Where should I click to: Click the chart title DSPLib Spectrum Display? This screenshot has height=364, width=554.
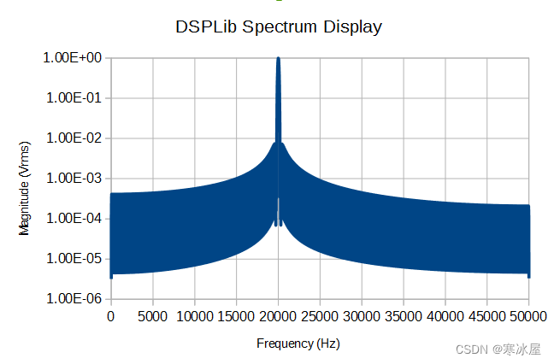point(279,26)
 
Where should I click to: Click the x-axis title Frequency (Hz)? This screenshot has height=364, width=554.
point(298,343)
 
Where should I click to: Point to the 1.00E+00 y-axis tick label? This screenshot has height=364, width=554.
point(73,58)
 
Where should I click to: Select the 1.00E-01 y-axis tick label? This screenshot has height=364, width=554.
point(73,98)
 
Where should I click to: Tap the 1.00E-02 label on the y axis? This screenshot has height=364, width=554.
point(73,138)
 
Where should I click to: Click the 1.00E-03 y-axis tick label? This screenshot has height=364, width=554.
point(73,179)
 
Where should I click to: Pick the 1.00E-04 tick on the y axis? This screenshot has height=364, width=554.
point(73,219)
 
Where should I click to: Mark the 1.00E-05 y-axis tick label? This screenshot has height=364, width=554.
point(73,259)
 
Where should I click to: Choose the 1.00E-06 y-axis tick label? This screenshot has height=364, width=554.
point(73,299)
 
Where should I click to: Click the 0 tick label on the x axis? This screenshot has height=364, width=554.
point(110,316)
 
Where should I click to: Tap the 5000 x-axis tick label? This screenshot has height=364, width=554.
point(152,316)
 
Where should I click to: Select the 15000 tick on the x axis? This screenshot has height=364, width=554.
point(236,316)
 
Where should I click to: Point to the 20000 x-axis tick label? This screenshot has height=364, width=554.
point(278,316)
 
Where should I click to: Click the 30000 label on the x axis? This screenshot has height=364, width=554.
point(362,316)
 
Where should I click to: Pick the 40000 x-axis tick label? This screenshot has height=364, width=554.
point(445,316)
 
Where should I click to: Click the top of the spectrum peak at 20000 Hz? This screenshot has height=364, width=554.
point(278,59)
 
